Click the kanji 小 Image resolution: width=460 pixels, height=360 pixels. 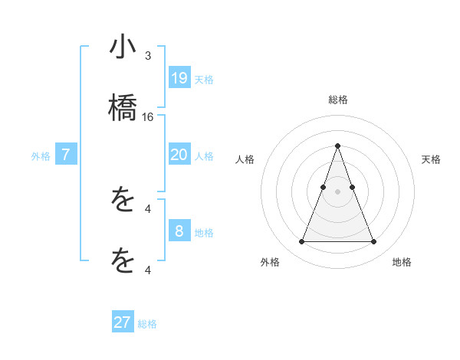coord(123,47)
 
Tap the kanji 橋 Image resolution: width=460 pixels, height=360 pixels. coord(123,107)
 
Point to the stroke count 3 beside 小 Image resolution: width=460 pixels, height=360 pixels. coord(148,56)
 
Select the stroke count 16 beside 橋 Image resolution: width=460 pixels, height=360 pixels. coord(148,117)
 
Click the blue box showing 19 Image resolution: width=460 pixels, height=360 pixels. coord(179,78)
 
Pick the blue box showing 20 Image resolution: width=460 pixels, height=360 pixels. coord(179,155)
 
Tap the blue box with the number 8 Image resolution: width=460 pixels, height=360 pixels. coord(179,231)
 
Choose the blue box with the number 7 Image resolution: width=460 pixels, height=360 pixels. coord(66,155)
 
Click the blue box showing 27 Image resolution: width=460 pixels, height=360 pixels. coord(123,322)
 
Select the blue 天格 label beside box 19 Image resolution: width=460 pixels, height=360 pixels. coord(204,80)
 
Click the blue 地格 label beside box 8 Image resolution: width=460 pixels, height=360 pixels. coord(204,233)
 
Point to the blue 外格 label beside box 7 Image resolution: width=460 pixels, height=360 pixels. coord(41,156)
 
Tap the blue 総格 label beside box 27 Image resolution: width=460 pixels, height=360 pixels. coord(147,324)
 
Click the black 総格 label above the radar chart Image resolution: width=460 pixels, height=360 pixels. coord(337,100)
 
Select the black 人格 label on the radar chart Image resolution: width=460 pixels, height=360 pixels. coord(245,159)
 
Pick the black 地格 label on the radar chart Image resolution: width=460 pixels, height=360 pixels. coord(402,262)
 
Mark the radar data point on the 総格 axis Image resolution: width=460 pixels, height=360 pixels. coord(337,146)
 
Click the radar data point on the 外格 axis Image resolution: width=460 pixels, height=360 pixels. coord(301,242)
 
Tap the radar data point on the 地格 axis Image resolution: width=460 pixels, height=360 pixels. coord(373,242)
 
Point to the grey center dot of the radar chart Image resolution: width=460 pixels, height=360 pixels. coord(337,191)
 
